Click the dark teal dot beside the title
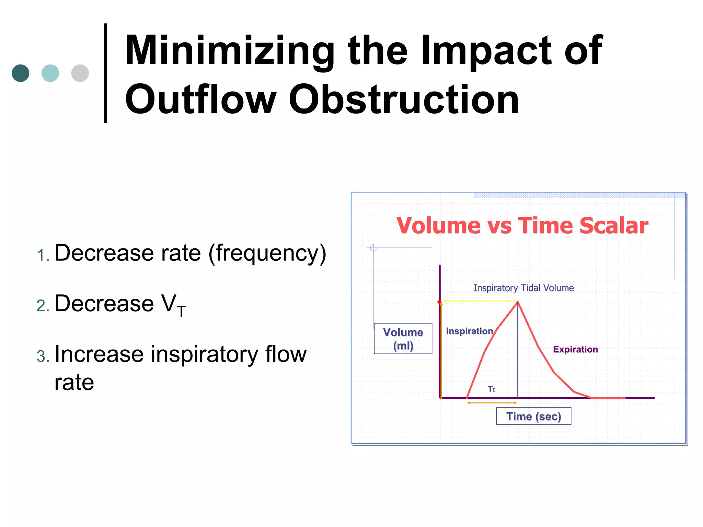pos(20,73)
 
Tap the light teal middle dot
pos(50,73)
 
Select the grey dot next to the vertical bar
pos(80,73)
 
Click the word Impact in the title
pos(486,51)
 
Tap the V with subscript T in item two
pos(173,305)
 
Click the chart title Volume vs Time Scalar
pos(522,226)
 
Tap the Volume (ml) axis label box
pos(403,339)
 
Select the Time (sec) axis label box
pos(533,416)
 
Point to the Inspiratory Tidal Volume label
pos(523,288)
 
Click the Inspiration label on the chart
pos(469,331)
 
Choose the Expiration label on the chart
pos(575,349)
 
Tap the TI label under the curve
pos(491,389)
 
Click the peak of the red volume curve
pos(518,302)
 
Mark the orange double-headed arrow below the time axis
pos(492,403)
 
